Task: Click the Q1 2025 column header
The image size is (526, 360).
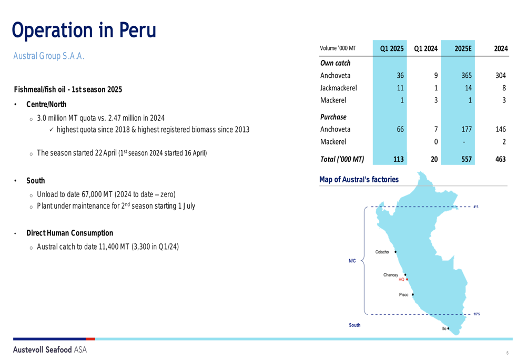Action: point(391,48)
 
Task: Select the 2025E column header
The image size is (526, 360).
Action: point(463,48)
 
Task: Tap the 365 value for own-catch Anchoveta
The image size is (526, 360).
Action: point(466,76)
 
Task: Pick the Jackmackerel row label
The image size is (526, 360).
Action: point(338,88)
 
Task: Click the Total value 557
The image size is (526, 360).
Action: point(466,159)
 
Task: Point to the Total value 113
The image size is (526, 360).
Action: point(398,159)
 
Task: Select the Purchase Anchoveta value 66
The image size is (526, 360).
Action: point(400,129)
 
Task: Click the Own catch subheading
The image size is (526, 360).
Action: point(335,63)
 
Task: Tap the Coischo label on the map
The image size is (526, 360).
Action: point(382,252)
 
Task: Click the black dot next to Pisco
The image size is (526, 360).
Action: point(412,295)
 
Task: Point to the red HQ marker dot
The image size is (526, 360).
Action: point(407,279)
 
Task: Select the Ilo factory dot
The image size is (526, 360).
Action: point(448,328)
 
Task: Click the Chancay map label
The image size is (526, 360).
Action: point(390,275)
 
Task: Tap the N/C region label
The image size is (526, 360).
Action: point(352,261)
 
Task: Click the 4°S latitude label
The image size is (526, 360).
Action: point(476,207)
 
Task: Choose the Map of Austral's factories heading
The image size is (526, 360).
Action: point(359,179)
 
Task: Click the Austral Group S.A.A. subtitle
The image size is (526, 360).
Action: point(48,56)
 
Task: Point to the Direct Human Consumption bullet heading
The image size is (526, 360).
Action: point(70,233)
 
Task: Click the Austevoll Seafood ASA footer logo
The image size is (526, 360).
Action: point(50,349)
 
